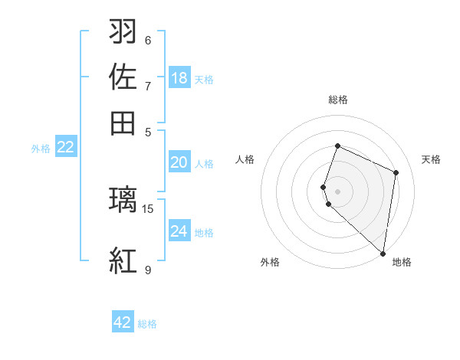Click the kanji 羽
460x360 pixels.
[123, 31]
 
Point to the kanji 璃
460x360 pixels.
[123, 200]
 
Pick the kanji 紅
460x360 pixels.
[123, 260]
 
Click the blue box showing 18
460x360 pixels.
[179, 78]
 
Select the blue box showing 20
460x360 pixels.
[179, 162]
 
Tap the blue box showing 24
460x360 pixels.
[179, 231]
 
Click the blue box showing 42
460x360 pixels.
[123, 322]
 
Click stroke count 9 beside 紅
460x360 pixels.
[148, 270]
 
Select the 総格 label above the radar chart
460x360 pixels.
[338, 100]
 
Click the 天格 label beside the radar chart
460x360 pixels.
[431, 159]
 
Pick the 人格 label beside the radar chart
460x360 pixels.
[245, 159]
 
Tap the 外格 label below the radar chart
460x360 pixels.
[270, 262]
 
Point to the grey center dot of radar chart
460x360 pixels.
[337, 191]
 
